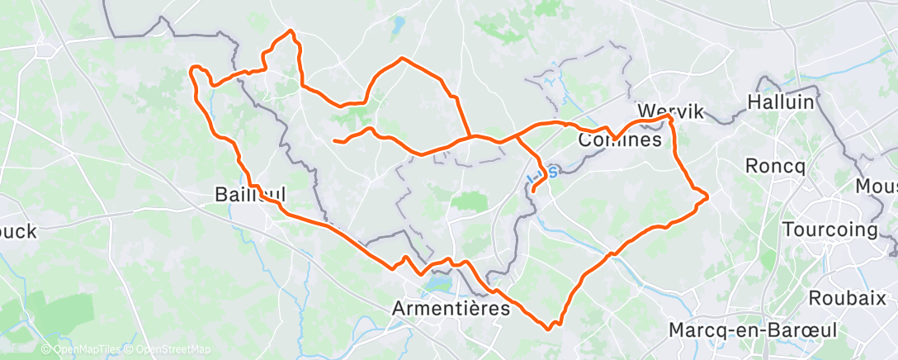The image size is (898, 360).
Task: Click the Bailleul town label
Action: tap(250, 195)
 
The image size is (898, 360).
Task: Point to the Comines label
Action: tap(621, 140)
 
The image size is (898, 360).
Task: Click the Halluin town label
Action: tap(780, 102)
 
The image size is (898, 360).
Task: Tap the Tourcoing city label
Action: tap(829, 229)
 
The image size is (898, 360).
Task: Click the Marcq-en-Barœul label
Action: tap(753, 329)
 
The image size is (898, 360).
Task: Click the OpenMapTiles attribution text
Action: tap(83, 350)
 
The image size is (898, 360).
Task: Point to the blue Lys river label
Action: tap(546, 172)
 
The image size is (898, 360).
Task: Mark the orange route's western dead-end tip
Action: tap(334, 141)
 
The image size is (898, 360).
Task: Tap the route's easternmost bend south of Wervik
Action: tap(707, 196)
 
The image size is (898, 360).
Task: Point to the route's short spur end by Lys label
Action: tap(534, 192)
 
